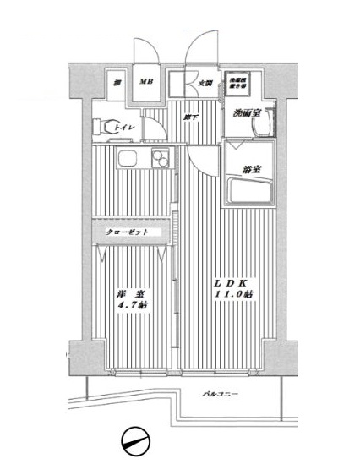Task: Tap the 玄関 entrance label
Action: click(x=205, y=83)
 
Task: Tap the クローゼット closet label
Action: click(x=128, y=231)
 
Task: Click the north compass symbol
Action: click(x=134, y=441)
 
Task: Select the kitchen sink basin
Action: click(x=128, y=158)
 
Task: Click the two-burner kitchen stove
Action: click(x=159, y=159)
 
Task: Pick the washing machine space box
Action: click(x=236, y=84)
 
